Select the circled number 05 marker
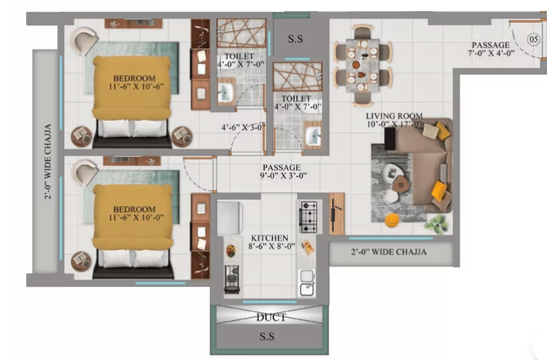pos(533,40)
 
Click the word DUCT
pos(271,318)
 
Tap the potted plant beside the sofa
pos(435,223)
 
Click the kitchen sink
pos(307,282)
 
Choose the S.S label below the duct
pos(270,337)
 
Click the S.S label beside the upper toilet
pos(296,39)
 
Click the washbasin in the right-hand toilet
pos(313,134)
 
